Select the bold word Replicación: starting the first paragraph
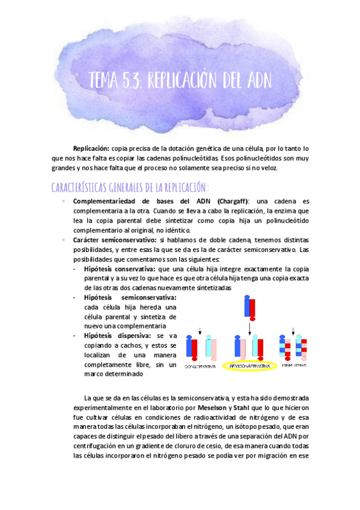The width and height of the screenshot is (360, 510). [91, 148]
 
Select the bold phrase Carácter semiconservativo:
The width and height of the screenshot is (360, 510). [114, 239]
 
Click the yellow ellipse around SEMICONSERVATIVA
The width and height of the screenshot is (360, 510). [249, 365]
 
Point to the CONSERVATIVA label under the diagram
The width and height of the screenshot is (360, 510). [200, 365]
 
